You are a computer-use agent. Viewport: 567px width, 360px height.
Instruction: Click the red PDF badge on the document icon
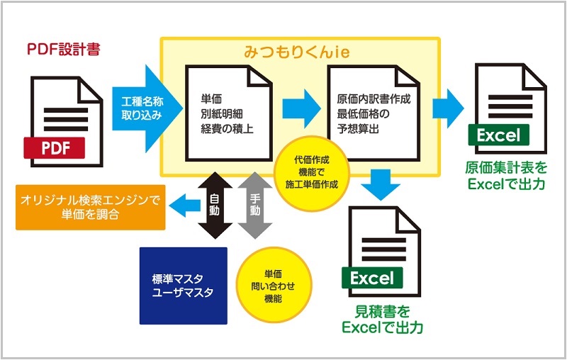pyautogui.click(x=55, y=148)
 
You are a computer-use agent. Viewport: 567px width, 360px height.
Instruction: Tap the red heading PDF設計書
pyautogui.click(x=63, y=50)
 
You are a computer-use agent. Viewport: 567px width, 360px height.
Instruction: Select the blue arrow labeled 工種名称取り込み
pyautogui.click(x=147, y=108)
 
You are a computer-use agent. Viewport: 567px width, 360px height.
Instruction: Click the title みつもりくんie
pyautogui.click(x=296, y=52)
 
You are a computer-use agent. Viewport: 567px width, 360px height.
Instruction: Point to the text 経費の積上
pyautogui.click(x=227, y=129)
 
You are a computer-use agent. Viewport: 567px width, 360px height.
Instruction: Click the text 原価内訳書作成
pyautogui.click(x=374, y=99)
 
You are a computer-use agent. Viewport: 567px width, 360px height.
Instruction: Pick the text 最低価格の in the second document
pyautogui.click(x=363, y=114)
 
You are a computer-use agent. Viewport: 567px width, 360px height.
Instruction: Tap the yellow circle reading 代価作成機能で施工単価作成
pyautogui.click(x=311, y=173)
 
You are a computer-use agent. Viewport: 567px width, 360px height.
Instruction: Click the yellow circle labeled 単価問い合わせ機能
pyautogui.click(x=274, y=286)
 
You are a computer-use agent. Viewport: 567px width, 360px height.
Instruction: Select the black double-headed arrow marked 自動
pyautogui.click(x=215, y=206)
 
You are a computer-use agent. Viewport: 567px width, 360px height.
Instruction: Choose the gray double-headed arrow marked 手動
pyautogui.click(x=255, y=206)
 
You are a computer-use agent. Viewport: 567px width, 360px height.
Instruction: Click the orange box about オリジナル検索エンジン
pyautogui.click(x=91, y=208)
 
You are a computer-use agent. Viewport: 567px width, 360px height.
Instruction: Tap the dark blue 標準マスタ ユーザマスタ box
pyautogui.click(x=184, y=286)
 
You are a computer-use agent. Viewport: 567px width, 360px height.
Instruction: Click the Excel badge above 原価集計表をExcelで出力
pyautogui.click(x=498, y=135)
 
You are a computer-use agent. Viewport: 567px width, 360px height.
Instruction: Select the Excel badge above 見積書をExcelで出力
pyautogui.click(x=371, y=278)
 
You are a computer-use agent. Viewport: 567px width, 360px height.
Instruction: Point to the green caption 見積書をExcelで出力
pyautogui.click(x=382, y=320)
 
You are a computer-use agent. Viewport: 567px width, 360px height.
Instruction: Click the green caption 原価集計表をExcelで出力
pyautogui.click(x=506, y=176)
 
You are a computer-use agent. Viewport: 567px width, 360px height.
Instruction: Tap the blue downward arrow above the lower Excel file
pyautogui.click(x=381, y=184)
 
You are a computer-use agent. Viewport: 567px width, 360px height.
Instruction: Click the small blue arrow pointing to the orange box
pyautogui.click(x=184, y=206)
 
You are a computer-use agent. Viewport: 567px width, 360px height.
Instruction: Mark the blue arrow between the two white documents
pyautogui.click(x=301, y=108)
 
